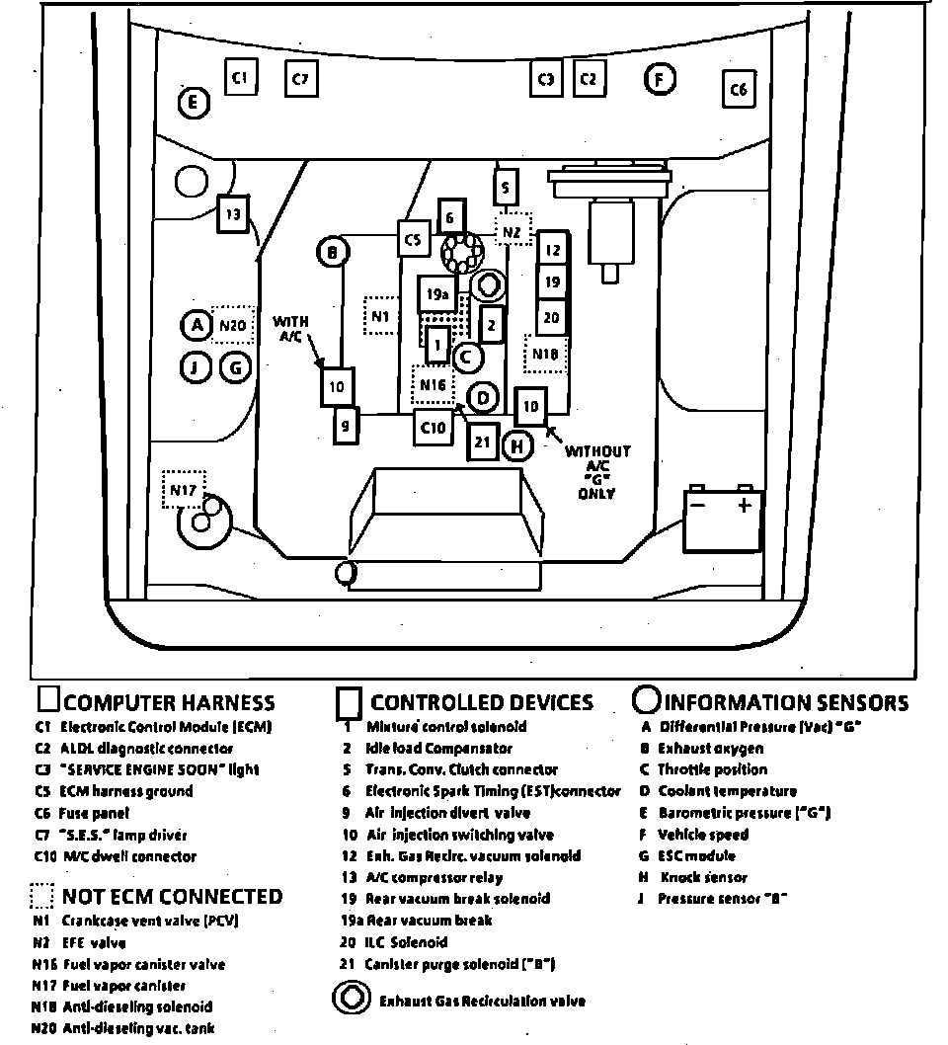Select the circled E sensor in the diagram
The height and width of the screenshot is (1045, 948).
pyautogui.click(x=194, y=102)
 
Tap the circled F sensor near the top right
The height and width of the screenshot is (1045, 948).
pyautogui.click(x=660, y=78)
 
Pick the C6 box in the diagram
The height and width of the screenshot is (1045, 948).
pyautogui.click(x=738, y=90)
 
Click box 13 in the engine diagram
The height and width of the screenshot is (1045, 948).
pyautogui.click(x=232, y=213)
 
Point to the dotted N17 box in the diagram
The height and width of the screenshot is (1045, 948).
pyautogui.click(x=182, y=488)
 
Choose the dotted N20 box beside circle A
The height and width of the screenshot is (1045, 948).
pyautogui.click(x=233, y=324)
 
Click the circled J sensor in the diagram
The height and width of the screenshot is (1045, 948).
pyautogui.click(x=196, y=368)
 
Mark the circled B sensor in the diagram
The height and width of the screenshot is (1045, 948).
pyautogui.click(x=333, y=253)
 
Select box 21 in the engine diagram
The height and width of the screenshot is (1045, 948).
pyautogui.click(x=482, y=442)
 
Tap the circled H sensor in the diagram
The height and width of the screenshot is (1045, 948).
pyautogui.click(x=516, y=445)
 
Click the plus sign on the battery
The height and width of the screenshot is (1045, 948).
pyautogui.click(x=744, y=505)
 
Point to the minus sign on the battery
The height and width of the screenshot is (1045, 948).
pyautogui.click(x=697, y=505)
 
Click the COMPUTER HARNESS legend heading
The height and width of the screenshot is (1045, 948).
pyautogui.click(x=169, y=703)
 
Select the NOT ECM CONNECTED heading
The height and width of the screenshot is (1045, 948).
pyautogui.click(x=172, y=897)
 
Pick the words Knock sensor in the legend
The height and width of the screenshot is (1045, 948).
pyautogui.click(x=703, y=877)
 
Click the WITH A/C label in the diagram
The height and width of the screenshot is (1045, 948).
pyautogui.click(x=291, y=329)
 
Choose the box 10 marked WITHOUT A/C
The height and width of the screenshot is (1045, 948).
pyautogui.click(x=530, y=406)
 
